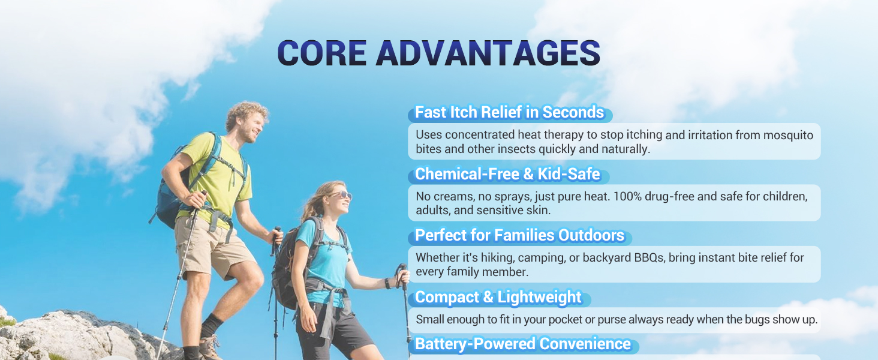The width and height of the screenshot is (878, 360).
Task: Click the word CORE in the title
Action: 322,53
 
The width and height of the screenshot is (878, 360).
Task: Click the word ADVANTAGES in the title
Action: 488,53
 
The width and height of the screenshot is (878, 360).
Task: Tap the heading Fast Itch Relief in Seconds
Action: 509,112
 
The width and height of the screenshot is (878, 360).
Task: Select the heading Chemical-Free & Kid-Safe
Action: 507,174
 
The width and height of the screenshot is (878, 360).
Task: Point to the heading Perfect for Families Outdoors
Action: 519,235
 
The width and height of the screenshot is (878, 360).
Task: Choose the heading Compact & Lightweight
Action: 498,297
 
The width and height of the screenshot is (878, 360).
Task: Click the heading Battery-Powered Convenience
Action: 522,344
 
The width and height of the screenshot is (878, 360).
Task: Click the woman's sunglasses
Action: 341,195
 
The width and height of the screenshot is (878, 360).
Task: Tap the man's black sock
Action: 211,325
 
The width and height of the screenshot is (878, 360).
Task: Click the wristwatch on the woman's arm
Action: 387,283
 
